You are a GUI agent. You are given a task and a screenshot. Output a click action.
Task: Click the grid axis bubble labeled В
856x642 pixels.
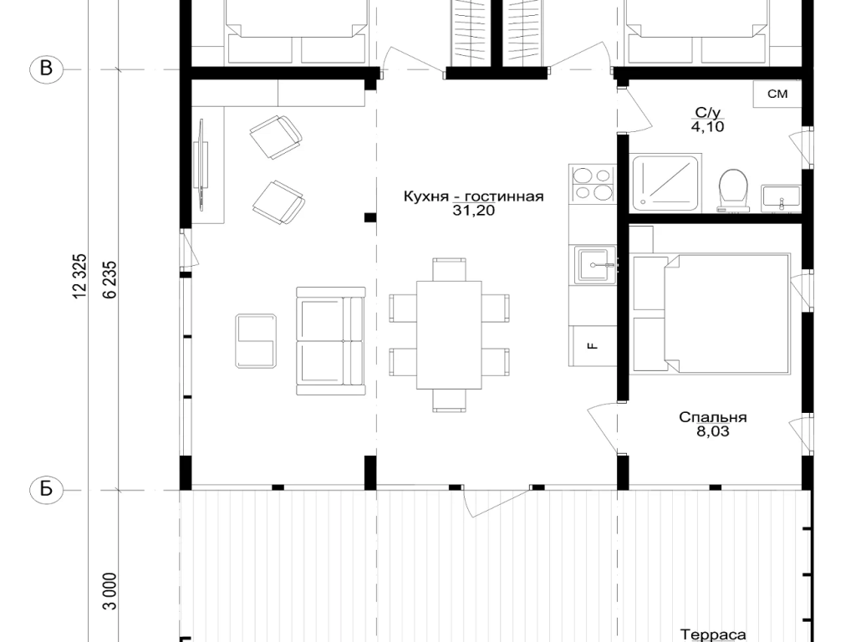(47, 69)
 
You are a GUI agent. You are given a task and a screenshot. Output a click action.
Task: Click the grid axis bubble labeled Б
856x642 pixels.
(47, 489)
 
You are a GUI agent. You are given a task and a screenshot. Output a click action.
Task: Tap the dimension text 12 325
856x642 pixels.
(79, 276)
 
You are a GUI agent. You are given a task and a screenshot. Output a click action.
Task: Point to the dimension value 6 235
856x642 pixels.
(110, 279)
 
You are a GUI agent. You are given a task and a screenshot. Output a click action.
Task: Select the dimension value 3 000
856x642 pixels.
(110, 591)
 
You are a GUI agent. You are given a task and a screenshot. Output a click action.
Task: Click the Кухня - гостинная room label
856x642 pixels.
(473, 196)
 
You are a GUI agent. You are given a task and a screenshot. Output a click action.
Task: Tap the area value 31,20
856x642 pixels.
(473, 211)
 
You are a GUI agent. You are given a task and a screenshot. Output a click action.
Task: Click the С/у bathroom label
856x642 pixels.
(708, 113)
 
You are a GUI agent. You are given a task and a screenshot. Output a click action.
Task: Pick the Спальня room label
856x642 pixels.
(712, 418)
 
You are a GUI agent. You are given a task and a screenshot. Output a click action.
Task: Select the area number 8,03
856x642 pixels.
(713, 432)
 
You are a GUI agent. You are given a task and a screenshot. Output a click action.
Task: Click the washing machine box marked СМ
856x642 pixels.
(777, 94)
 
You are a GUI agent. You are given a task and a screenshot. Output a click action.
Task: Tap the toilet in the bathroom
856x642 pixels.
(733, 190)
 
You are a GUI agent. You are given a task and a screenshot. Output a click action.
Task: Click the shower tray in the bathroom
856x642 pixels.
(665, 183)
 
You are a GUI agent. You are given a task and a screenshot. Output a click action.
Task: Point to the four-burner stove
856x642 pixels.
(593, 184)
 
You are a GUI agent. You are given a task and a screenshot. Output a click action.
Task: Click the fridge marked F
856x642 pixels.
(593, 345)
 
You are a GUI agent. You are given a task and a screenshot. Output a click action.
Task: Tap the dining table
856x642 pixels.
(449, 334)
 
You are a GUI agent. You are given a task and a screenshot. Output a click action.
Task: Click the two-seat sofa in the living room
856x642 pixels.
(331, 341)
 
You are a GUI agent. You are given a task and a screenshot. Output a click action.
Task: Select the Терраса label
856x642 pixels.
(713, 635)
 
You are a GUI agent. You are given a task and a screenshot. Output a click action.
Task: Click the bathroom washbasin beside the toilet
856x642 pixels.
(782, 198)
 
